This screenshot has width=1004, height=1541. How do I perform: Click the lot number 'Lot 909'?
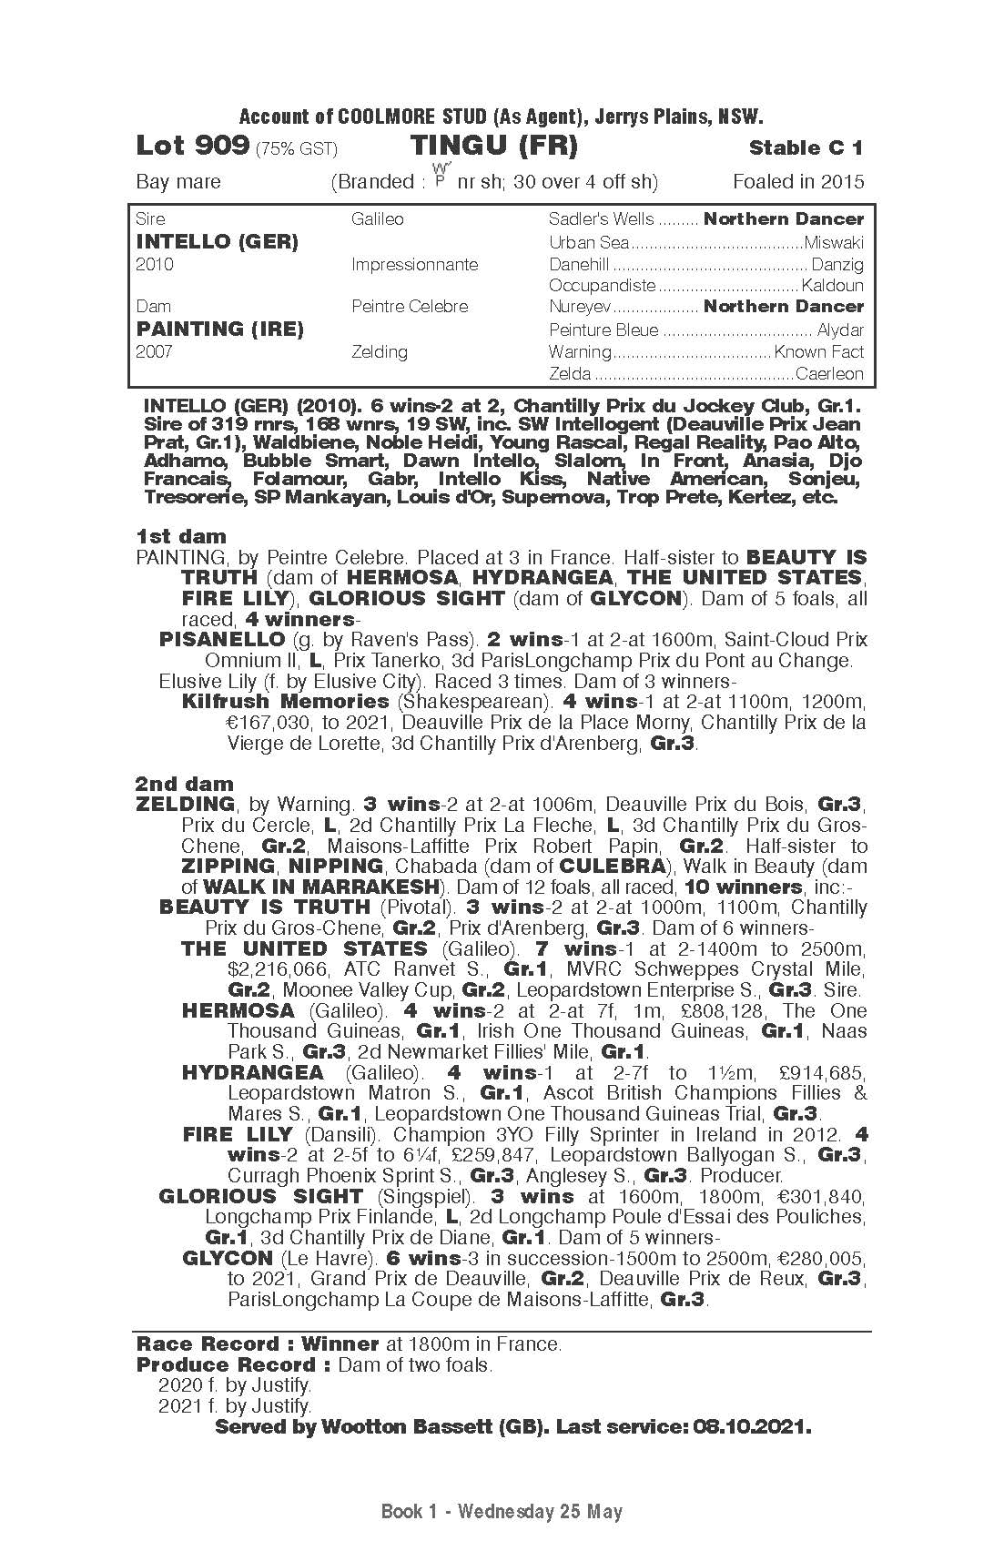(192, 146)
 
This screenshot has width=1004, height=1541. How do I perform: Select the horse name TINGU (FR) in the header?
(493, 146)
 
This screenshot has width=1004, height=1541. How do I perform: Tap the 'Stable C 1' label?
(806, 147)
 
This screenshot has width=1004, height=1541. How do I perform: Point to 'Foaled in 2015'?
(797, 181)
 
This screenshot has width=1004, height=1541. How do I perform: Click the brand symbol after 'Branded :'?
(441, 176)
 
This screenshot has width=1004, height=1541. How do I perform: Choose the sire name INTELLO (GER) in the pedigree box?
(217, 242)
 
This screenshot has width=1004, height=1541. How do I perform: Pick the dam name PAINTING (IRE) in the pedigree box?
(219, 329)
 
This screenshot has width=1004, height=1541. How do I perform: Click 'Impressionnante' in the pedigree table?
(414, 265)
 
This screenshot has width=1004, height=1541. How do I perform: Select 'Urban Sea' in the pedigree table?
(589, 243)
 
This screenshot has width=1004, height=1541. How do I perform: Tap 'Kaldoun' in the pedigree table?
(832, 286)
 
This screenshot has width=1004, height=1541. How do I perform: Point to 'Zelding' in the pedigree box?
(380, 351)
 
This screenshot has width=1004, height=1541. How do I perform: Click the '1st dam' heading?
(181, 536)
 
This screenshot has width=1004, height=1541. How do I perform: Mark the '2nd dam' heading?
(185, 784)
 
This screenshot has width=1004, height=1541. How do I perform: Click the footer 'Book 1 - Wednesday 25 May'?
(502, 1512)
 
